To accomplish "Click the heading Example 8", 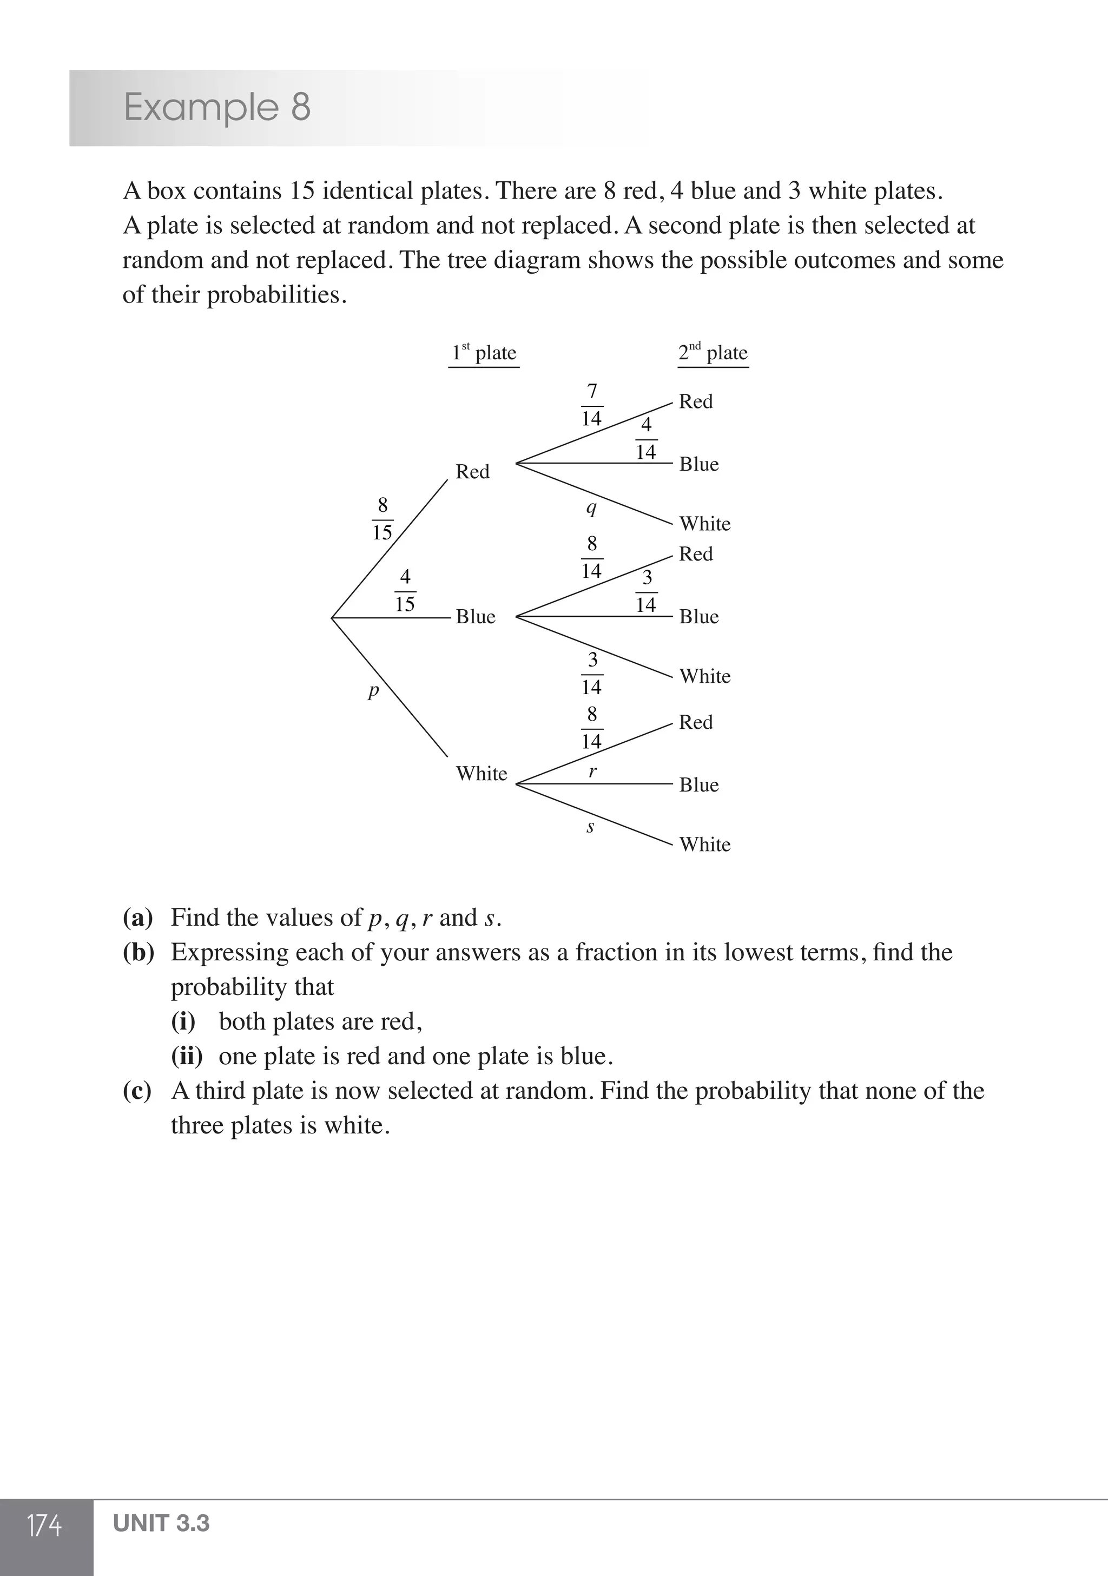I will tap(217, 108).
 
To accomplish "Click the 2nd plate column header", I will tap(713, 353).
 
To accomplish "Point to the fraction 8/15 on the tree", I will tap(382, 519).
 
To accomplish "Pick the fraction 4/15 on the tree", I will tap(405, 590).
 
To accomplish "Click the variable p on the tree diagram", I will tap(373, 690).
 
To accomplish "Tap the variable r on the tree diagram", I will tap(592, 771).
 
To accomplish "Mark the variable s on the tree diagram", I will tap(590, 827).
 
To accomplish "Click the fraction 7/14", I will tap(592, 405).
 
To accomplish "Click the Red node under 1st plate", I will tap(472, 472).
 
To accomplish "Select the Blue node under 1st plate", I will tap(475, 616).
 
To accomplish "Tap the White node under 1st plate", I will tap(481, 774).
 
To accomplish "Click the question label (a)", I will tap(137, 918).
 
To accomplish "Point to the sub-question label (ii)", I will tap(187, 1057).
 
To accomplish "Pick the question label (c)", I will tap(137, 1091).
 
